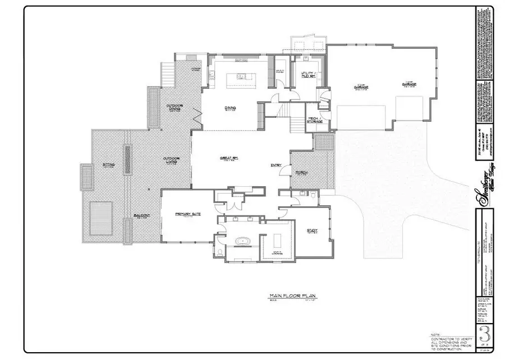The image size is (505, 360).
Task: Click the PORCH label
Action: [301, 172]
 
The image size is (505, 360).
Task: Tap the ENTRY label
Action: [276, 165]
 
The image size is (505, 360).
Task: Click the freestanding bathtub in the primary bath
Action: [242, 242]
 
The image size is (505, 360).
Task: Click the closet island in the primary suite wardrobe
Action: [277, 241]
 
